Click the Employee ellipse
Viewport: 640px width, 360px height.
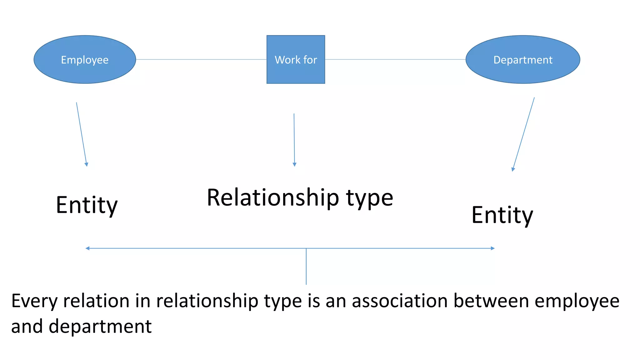pyautogui.click(x=85, y=59)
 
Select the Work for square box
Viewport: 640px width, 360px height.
pyautogui.click(x=296, y=59)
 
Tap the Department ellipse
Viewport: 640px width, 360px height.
pyautogui.click(x=522, y=59)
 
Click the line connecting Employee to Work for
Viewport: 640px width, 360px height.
pyautogui.click(x=201, y=59)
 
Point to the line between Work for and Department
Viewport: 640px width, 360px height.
pyautogui.click(x=395, y=59)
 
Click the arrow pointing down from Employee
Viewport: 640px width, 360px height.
pyautogui.click(x=82, y=134)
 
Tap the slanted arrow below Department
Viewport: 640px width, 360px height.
pyautogui.click(x=524, y=134)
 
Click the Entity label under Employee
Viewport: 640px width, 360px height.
pyautogui.click(x=87, y=205)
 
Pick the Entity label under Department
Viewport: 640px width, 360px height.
pyautogui.click(x=502, y=215)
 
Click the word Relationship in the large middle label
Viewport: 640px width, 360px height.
pyautogui.click(x=273, y=198)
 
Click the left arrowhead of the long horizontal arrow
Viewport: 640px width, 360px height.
pyautogui.click(x=87, y=248)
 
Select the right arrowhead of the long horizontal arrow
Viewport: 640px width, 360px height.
pyautogui.click(x=492, y=248)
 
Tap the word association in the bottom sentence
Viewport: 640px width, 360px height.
pyautogui.click(x=400, y=301)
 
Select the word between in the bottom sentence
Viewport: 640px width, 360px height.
pyautogui.click(x=491, y=301)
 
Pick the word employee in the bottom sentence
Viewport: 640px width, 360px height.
pyautogui.click(x=577, y=302)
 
